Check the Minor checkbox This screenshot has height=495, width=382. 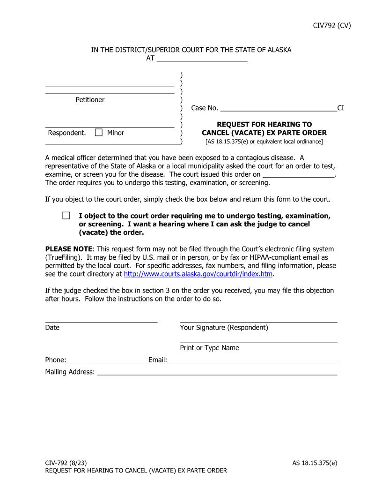pyautogui.click(x=99, y=133)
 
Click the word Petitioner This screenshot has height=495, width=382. pyautogui.click(x=90, y=100)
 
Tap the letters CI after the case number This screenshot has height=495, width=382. pyautogui.click(x=341, y=108)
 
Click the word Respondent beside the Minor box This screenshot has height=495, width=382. pyautogui.click(x=67, y=133)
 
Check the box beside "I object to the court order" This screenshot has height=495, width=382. pyautogui.click(x=66, y=216)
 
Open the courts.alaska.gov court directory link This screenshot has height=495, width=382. pyautogui.click(x=198, y=274)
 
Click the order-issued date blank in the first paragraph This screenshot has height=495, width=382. pyautogui.click(x=299, y=174)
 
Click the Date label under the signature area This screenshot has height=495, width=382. pyautogui.click(x=52, y=328)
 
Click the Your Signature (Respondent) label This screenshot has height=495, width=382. pyautogui.click(x=224, y=328)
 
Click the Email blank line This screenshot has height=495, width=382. pyautogui.click(x=253, y=360)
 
